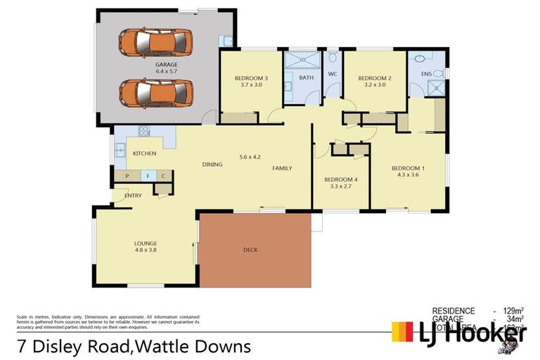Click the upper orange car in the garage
tap(155, 42)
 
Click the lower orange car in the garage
tap(155, 91)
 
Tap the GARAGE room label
tap(167, 65)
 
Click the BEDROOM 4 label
tap(340, 179)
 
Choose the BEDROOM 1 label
tap(408, 168)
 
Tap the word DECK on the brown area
tap(250, 250)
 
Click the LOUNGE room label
tap(146, 243)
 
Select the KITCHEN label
tap(144, 153)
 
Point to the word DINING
tap(212, 165)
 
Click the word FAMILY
tap(283, 168)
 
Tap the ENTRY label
tap(133, 195)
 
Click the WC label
tap(333, 77)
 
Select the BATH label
tap(307, 77)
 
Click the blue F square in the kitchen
tap(148, 176)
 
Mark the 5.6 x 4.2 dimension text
tap(250, 156)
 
